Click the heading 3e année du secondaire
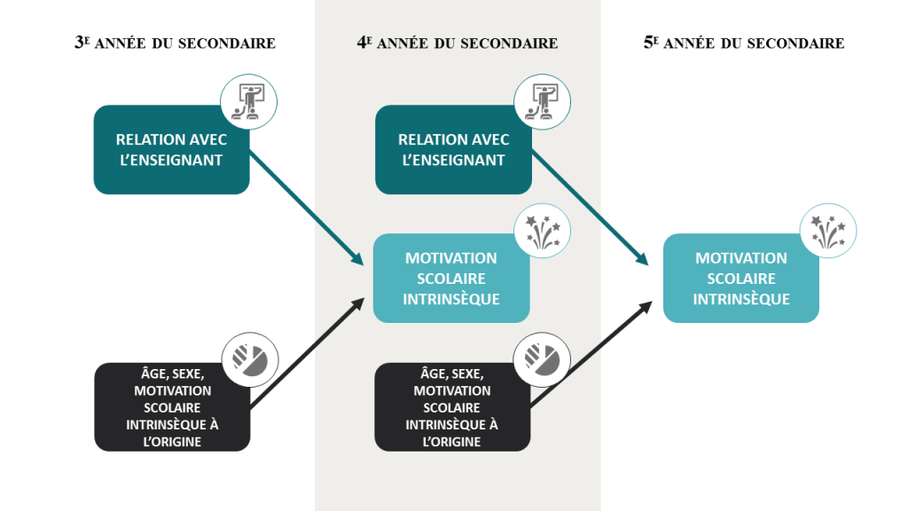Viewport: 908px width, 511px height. click(175, 43)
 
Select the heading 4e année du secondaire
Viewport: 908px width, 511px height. click(457, 43)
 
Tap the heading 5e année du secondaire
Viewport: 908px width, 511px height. click(744, 43)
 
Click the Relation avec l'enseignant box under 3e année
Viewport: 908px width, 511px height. click(171, 149)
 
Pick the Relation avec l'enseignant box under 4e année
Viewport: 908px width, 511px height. click(453, 149)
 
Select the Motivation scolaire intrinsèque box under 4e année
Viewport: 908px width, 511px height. click(451, 278)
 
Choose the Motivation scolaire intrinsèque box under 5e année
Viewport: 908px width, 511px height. click(741, 278)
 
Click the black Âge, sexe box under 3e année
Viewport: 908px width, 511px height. click(172, 406)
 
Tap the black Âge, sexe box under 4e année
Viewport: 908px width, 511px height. click(452, 406)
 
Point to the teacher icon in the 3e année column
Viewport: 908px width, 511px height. click(249, 102)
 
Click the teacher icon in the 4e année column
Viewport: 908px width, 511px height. click(543, 102)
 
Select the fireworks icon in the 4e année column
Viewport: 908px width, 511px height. click(543, 232)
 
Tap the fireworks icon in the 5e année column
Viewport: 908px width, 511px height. click(828, 232)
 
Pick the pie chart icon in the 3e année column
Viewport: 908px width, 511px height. click(250, 360)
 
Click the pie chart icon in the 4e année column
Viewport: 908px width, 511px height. click(542, 360)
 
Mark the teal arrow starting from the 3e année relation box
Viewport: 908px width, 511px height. click(306, 208)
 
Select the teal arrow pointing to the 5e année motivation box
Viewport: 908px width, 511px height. click(590, 208)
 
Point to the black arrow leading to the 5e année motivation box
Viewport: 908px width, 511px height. click(591, 353)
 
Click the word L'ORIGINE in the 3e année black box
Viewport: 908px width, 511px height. click(172, 442)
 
